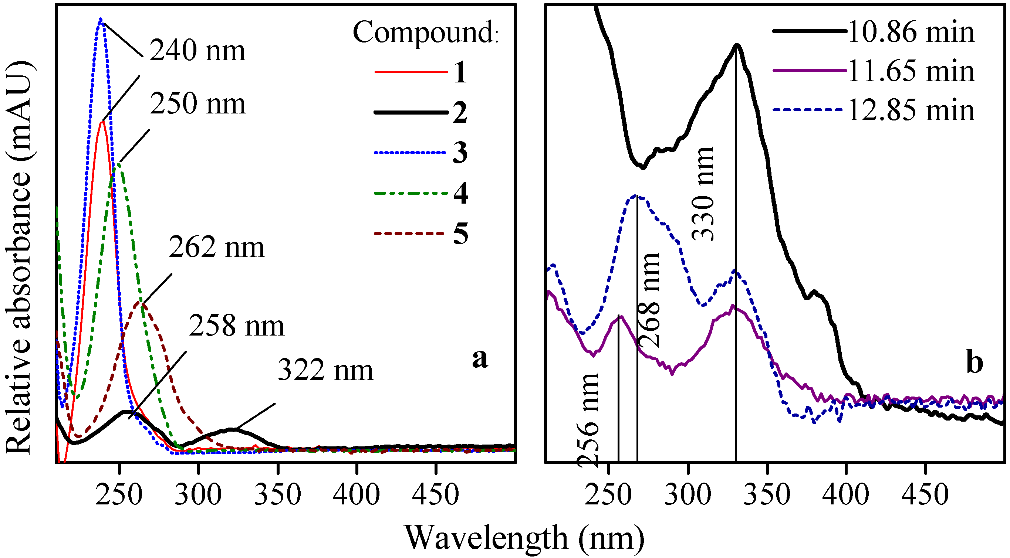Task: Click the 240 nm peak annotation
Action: [x=197, y=51]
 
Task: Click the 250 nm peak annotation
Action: [x=197, y=104]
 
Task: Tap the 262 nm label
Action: [x=216, y=248]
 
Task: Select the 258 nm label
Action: [x=236, y=326]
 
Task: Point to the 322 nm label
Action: [x=325, y=370]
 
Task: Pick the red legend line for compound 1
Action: [x=411, y=72]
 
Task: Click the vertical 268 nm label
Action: [x=650, y=300]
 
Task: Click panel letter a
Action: [x=480, y=358]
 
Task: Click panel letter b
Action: [x=975, y=363]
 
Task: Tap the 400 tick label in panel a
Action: [x=356, y=495]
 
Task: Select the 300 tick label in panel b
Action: [x=688, y=495]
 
